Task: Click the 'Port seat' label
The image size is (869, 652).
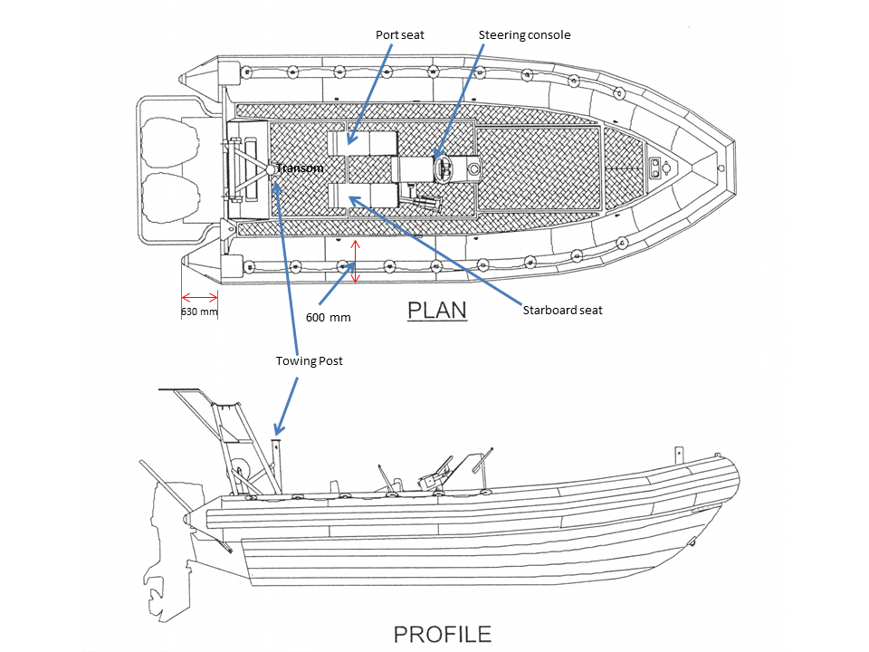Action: click(x=400, y=34)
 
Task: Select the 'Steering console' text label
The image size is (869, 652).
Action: click(x=524, y=34)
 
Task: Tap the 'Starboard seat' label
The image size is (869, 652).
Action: click(x=562, y=310)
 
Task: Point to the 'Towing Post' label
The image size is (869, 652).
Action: click(x=309, y=360)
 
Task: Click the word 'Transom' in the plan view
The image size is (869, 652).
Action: click(x=300, y=168)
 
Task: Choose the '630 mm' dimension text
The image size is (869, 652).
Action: click(x=199, y=312)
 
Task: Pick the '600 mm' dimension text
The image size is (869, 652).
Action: click(x=328, y=317)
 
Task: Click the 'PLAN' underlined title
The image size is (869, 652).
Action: click(x=436, y=310)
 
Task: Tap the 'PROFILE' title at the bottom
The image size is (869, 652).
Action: click(x=443, y=635)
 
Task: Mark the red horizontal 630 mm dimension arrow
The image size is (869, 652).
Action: click(x=200, y=296)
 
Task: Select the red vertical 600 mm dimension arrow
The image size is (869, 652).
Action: click(x=356, y=261)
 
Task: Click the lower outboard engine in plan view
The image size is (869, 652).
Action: click(x=169, y=197)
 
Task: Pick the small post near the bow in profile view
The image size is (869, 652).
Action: click(x=677, y=454)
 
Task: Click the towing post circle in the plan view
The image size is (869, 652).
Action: click(x=272, y=168)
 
